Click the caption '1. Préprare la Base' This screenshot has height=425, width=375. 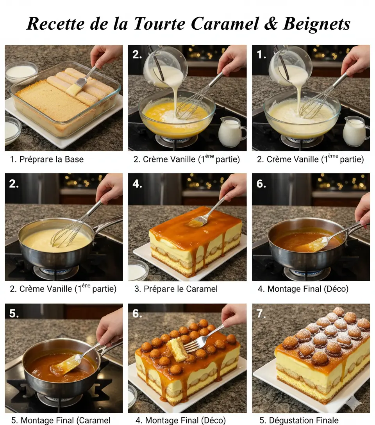coord(47,159)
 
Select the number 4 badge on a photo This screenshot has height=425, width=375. coord(137,184)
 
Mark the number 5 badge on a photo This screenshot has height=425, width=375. coord(14,313)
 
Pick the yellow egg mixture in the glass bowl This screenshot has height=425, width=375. coord(156,113)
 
